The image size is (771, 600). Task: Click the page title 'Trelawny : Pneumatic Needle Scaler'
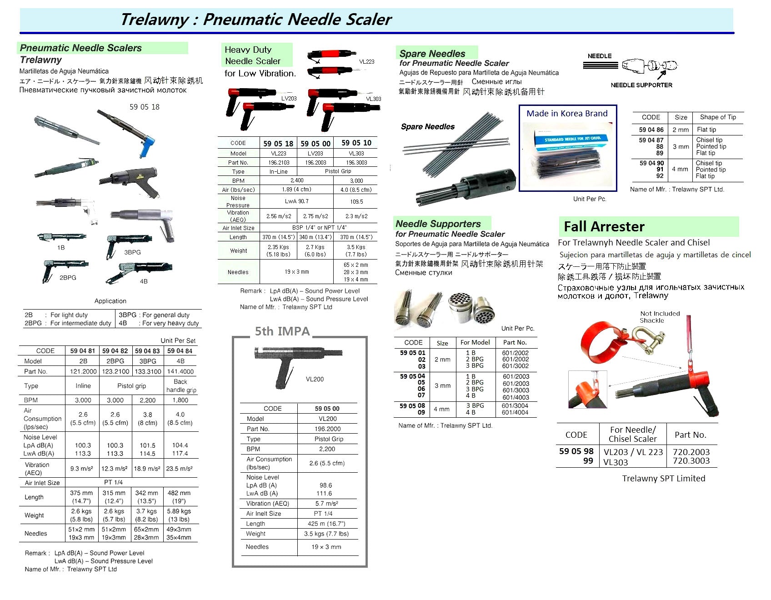click(255, 20)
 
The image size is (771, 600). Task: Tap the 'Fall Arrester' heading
click(604, 226)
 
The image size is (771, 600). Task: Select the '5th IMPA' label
click(282, 331)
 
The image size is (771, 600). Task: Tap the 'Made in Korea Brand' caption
click(567, 113)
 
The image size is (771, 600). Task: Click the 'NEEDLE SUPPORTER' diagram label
click(641, 85)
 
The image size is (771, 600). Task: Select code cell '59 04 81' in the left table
click(83, 351)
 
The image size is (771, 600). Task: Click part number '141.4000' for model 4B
click(180, 371)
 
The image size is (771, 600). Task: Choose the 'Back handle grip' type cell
click(181, 386)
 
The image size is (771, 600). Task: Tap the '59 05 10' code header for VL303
click(356, 143)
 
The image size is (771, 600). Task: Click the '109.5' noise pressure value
click(356, 201)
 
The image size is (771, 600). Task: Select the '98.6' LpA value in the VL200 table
click(325, 485)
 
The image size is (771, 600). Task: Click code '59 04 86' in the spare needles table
click(651, 130)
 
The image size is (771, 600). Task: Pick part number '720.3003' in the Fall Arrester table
click(691, 460)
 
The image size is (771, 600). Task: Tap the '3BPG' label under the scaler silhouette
click(132, 252)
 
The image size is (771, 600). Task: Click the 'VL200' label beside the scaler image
click(315, 379)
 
